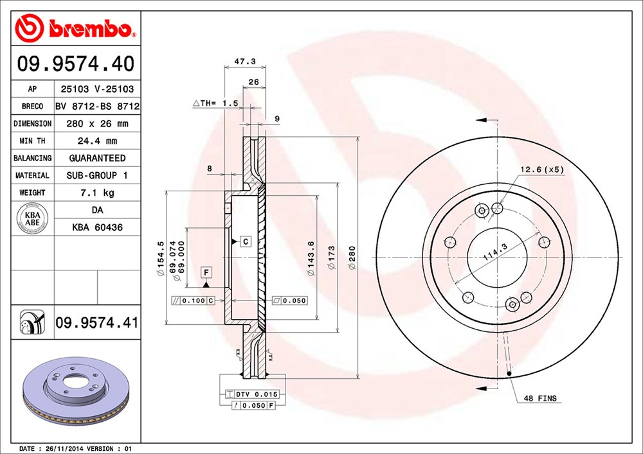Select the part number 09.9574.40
coord(75,64)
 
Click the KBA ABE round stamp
coord(32,218)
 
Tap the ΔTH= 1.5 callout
coord(215,103)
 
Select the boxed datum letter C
coord(245,241)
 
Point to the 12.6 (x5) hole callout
coord(541,170)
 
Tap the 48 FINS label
coord(540,399)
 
